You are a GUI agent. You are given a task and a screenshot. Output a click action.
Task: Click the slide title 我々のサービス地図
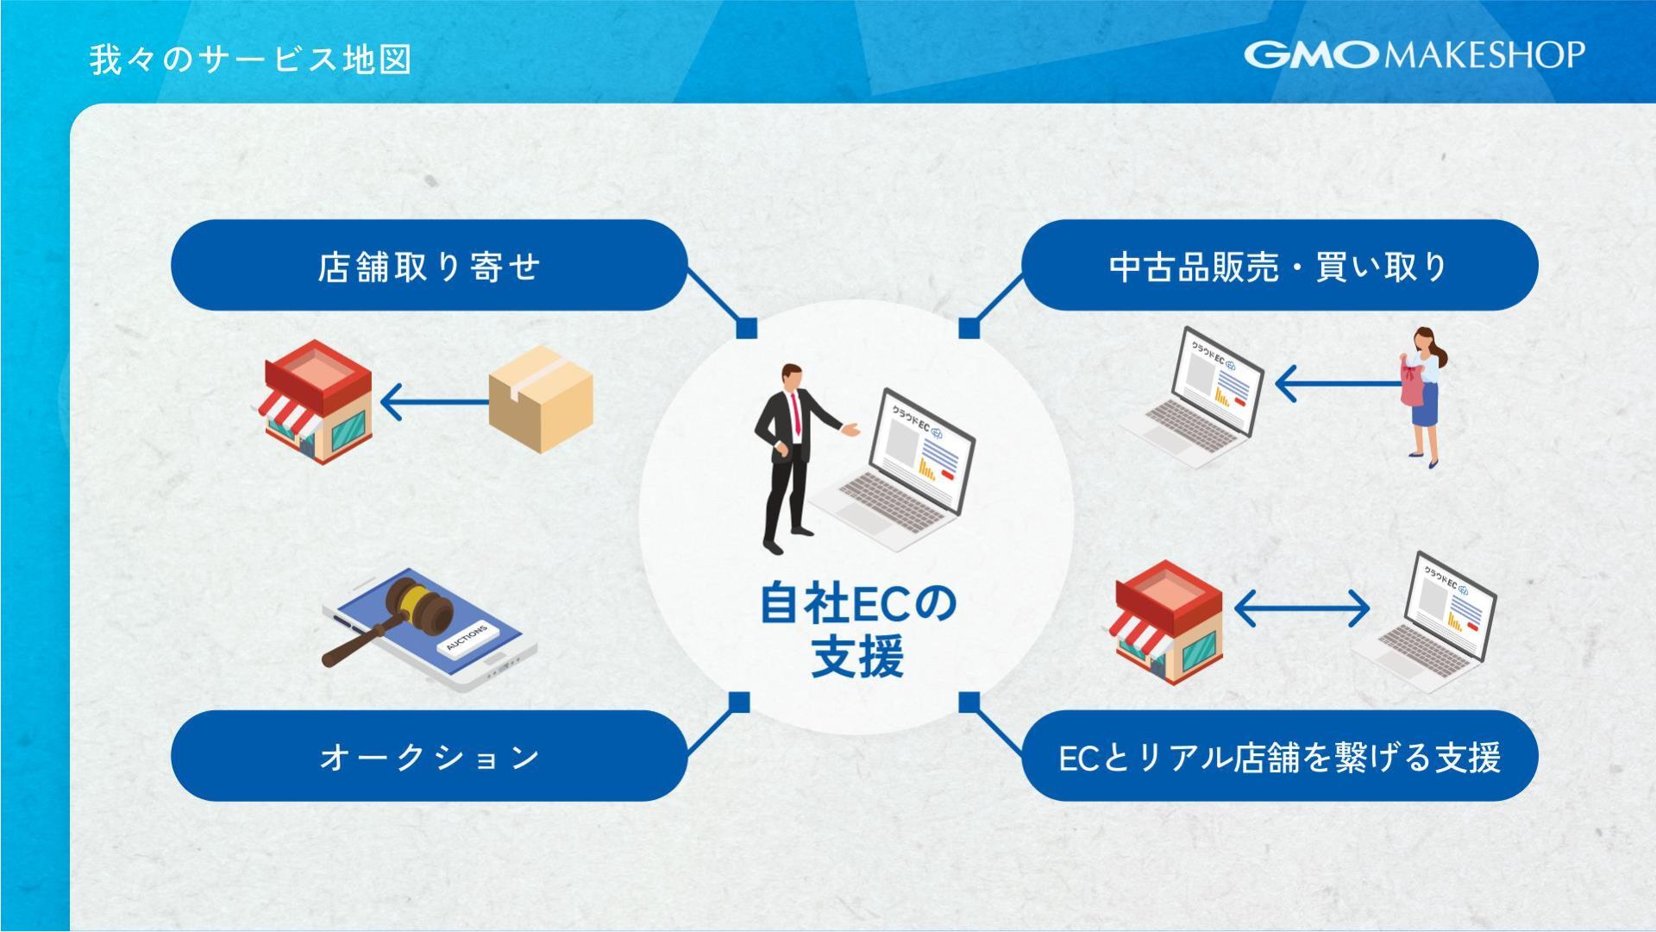[250, 60]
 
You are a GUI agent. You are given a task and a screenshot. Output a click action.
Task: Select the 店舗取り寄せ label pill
[429, 266]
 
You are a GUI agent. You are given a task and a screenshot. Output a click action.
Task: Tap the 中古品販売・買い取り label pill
[1279, 266]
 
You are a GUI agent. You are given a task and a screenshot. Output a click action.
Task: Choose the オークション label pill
[429, 756]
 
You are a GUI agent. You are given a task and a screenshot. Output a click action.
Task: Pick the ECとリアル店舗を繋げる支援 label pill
[1279, 756]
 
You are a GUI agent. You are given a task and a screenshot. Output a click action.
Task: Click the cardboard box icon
[541, 399]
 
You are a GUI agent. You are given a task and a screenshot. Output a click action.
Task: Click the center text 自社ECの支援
[857, 630]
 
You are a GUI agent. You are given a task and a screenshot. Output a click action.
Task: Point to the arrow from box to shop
[434, 401]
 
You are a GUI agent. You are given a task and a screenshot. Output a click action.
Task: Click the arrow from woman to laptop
[1337, 384]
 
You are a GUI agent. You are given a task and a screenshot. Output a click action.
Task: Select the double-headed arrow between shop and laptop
[1302, 608]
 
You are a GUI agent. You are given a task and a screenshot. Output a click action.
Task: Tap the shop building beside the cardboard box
[317, 401]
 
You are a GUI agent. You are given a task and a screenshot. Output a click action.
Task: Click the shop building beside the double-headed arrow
[1169, 621]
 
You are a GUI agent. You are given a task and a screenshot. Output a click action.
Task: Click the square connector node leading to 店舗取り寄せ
[747, 328]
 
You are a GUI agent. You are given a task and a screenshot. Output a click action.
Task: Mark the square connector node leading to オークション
[739, 702]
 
